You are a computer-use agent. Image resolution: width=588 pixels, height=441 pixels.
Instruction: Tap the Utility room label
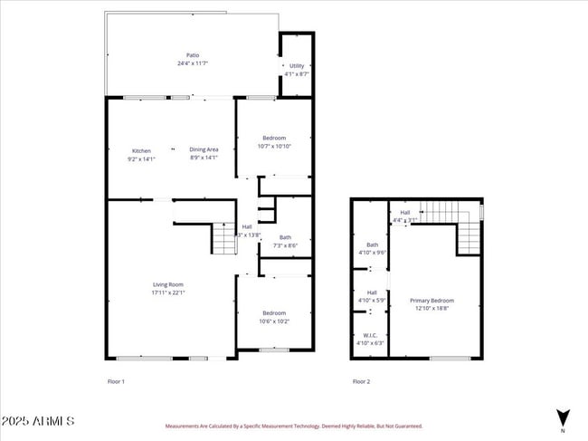pos(297,66)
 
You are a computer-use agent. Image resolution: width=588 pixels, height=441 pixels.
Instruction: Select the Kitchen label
pos(141,150)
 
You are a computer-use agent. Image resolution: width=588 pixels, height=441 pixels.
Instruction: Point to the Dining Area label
pos(204,149)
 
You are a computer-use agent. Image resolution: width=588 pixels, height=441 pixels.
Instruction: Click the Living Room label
pos(168,284)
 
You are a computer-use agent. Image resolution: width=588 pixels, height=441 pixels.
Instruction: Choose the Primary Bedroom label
pos(432,301)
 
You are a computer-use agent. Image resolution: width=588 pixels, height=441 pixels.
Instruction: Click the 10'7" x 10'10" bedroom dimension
pos(274,146)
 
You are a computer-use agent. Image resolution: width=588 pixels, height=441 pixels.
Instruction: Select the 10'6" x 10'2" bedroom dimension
pos(274,321)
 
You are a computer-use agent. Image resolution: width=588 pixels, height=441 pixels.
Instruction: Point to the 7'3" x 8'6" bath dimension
pos(285,245)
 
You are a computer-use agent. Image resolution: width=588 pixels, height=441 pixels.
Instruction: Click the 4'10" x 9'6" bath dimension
pos(372,253)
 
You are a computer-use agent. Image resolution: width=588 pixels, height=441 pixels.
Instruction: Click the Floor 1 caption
pos(116,381)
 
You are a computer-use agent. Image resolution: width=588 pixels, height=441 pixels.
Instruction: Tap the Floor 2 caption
pos(361,381)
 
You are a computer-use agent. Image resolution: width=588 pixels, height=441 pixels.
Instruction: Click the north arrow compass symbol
pos(563,419)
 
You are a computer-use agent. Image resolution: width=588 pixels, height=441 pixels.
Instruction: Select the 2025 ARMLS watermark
pos(38,422)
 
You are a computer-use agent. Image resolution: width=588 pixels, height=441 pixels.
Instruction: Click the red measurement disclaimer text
pos(293,426)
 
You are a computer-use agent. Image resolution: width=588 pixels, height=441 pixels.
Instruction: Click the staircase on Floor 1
pos(223,239)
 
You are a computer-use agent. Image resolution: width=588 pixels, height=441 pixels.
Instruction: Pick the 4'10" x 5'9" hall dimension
pos(372,300)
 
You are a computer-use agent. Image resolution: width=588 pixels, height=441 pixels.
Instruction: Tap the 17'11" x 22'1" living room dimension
pos(168,292)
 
